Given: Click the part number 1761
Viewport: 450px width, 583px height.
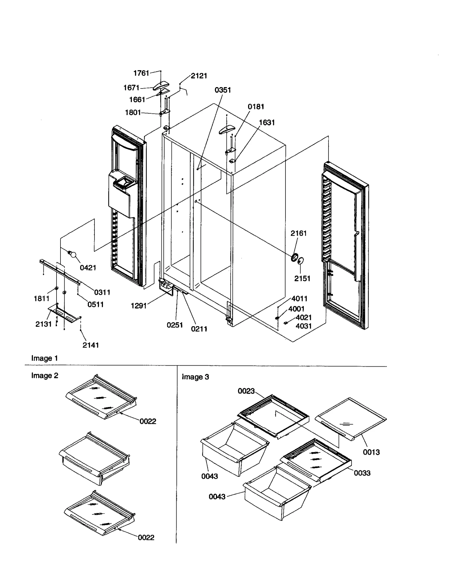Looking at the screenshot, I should [141, 73].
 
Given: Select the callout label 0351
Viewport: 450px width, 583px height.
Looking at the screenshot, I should [222, 90].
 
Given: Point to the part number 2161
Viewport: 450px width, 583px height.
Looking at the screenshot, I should [298, 233].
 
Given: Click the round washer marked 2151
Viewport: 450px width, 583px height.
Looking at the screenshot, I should [301, 261].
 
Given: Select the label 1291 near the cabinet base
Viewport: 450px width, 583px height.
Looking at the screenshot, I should [139, 306].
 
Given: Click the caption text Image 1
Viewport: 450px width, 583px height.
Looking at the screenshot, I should [44, 358].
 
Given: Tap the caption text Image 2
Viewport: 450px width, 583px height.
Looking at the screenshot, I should [45, 376].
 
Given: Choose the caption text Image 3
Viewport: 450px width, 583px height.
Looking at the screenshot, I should [195, 377].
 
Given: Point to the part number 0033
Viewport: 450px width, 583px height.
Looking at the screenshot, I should [362, 473].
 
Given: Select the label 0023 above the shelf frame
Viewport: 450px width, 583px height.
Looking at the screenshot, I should [246, 391].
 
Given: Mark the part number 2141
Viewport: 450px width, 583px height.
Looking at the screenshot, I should [91, 345].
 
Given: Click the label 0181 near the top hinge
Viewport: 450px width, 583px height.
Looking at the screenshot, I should [256, 106].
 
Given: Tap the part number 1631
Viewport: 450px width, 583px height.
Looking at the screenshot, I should [267, 123].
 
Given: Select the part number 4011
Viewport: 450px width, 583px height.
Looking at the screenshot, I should [299, 298].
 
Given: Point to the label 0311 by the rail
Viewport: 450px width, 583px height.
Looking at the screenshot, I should [102, 292].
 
